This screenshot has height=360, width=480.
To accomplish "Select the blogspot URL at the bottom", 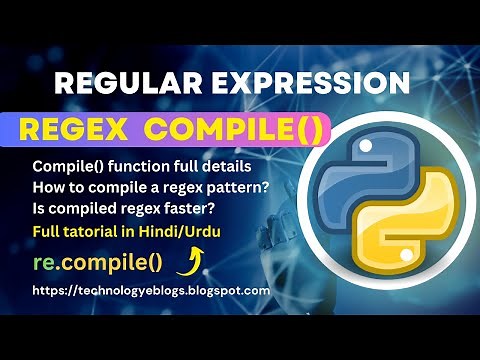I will pyautogui.click(x=150, y=290).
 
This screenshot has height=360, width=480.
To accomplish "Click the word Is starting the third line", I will pyautogui.click(x=39, y=207).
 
